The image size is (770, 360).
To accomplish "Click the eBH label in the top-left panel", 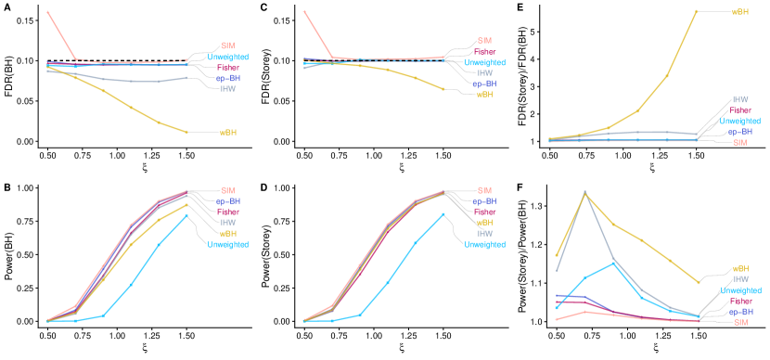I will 227,133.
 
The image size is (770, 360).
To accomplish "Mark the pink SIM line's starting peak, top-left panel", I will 47,12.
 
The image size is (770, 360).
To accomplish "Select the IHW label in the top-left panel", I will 227,89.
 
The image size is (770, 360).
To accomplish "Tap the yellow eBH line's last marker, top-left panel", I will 186,132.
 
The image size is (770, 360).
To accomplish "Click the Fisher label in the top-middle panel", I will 485,52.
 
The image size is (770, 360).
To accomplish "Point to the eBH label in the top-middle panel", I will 484,94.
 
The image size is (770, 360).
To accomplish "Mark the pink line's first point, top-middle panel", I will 304,12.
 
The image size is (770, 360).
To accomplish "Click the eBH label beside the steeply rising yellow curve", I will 740,12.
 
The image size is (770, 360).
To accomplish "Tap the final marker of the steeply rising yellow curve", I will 697,11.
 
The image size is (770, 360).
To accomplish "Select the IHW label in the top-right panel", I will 740,99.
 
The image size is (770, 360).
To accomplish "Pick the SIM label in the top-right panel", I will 739,143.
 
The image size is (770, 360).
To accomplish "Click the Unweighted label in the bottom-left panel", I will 227,245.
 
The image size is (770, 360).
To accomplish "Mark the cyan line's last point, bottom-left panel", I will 186,215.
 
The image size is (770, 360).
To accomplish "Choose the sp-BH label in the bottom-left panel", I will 227,201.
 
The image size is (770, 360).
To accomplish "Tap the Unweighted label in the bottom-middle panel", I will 485,245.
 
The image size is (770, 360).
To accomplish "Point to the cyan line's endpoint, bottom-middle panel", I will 443,213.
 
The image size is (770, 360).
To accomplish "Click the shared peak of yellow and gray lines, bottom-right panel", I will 584,192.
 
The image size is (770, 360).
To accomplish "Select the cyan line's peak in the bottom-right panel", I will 613,263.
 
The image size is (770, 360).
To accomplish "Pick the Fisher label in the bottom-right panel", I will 740,301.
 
